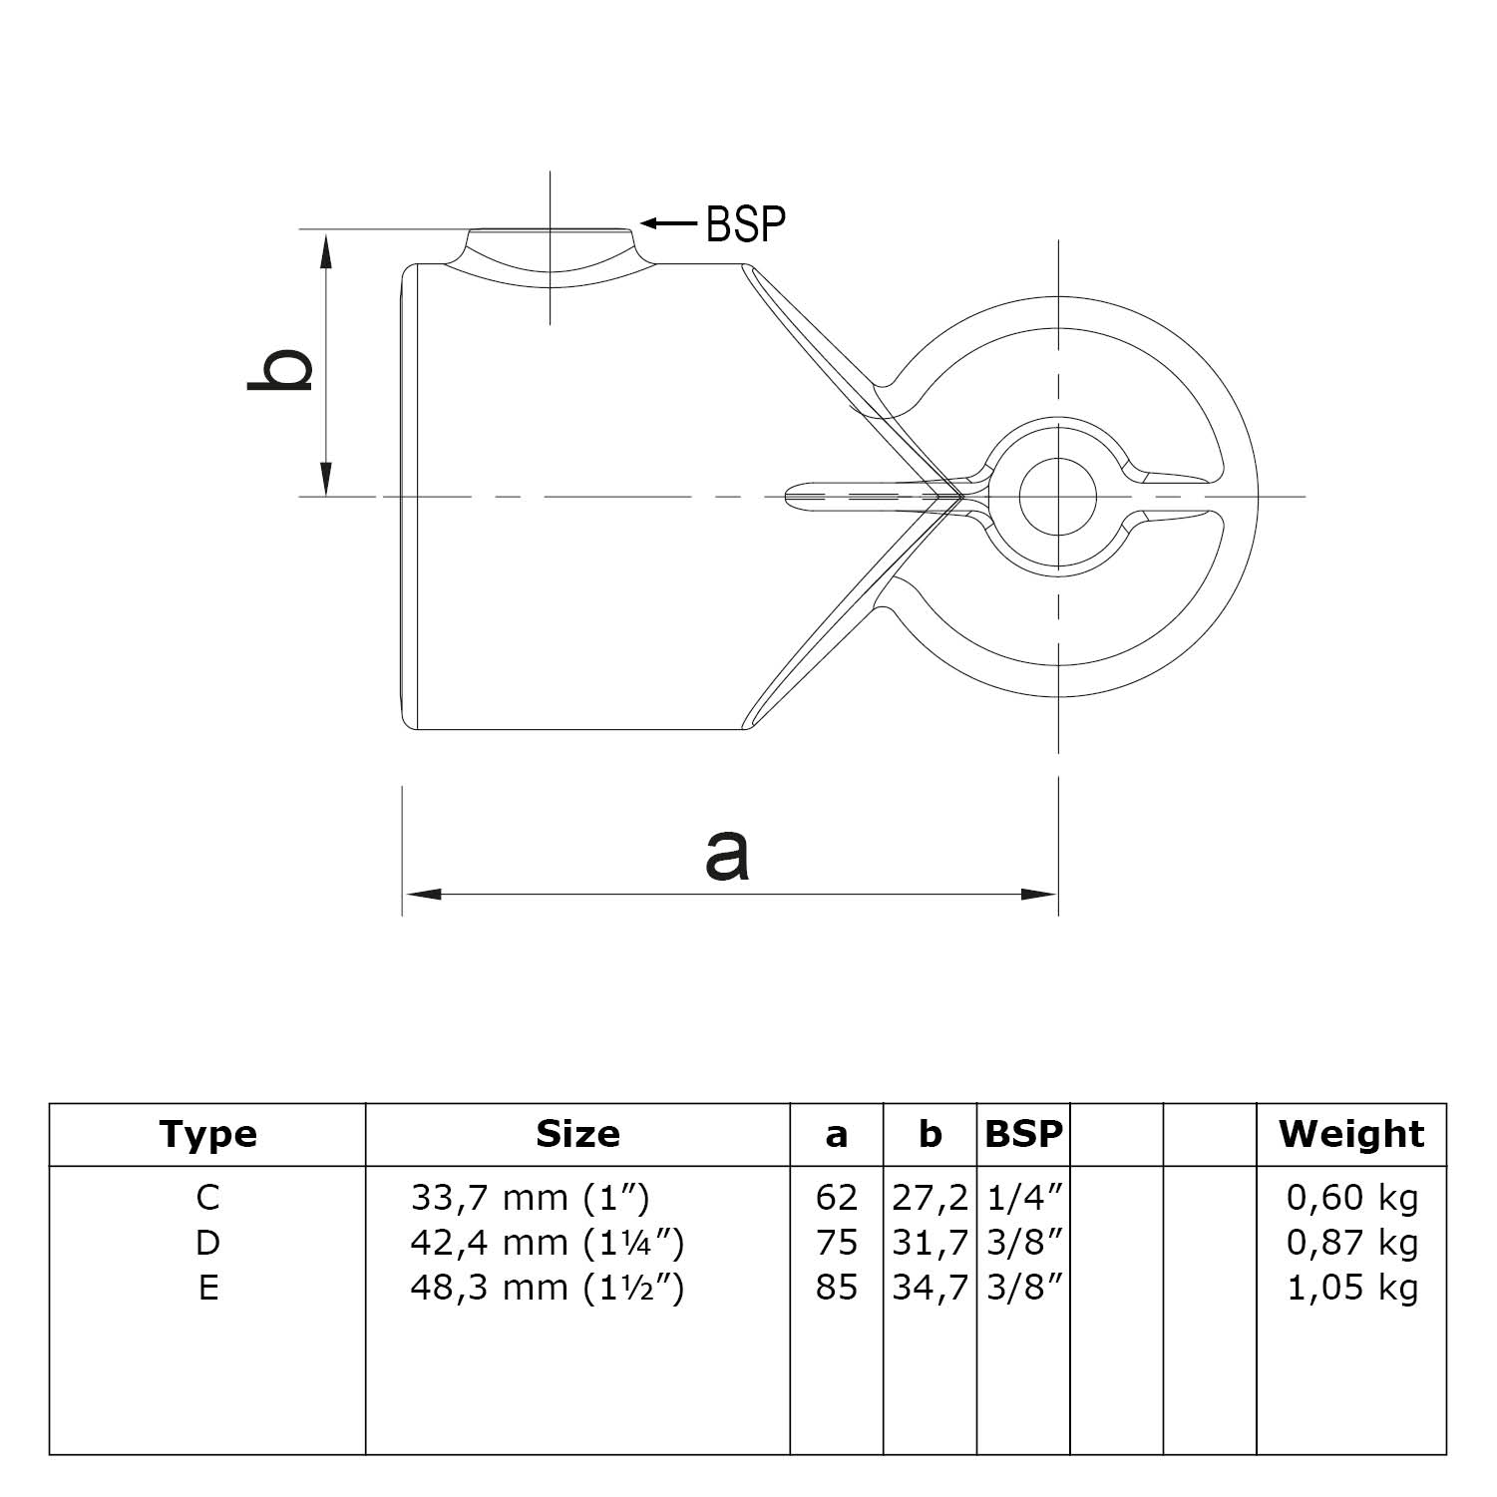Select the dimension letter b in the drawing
click(x=281, y=370)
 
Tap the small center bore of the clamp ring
click(x=1057, y=496)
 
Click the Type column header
click(x=207, y=1134)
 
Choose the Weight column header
click(x=1351, y=1134)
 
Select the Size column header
click(x=577, y=1134)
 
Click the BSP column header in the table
click(x=1023, y=1134)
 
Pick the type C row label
click(x=207, y=1197)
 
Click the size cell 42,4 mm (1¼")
click(x=547, y=1243)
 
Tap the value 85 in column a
click(x=836, y=1288)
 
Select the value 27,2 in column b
click(x=930, y=1197)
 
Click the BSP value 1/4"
click(x=1023, y=1197)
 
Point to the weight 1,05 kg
click(x=1351, y=1288)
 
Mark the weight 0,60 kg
click(x=1351, y=1197)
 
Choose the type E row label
click(x=207, y=1288)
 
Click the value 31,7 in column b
click(x=930, y=1243)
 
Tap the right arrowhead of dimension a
click(x=1041, y=895)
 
